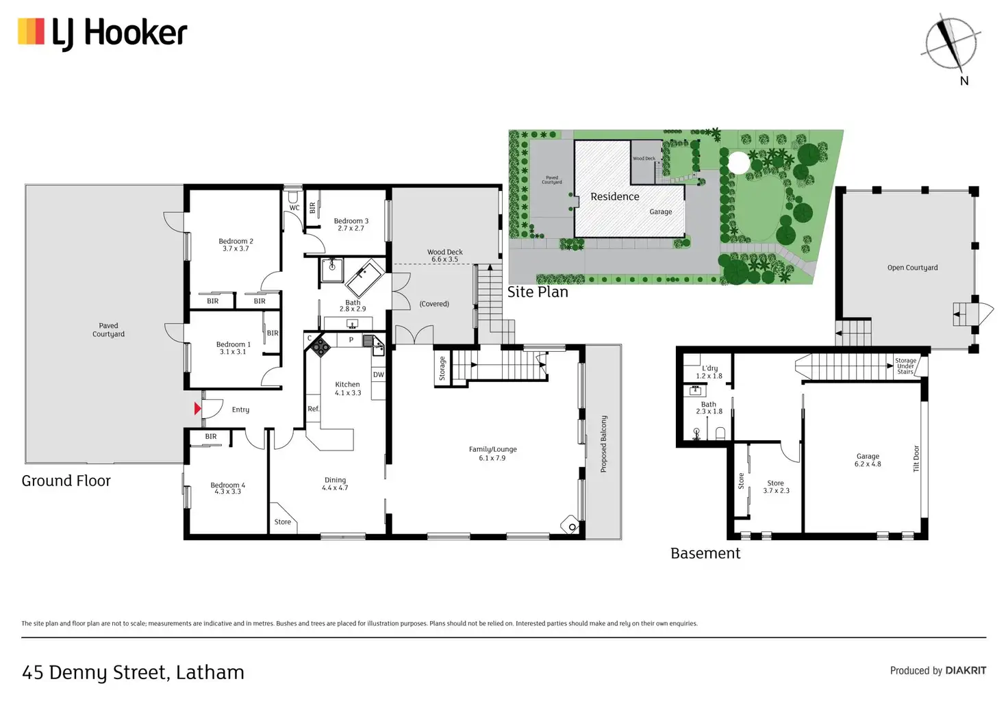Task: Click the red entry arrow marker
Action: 197,409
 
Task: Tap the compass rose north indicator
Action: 950,42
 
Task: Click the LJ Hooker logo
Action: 103,33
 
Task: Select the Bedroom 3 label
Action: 351,225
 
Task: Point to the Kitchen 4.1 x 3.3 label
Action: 347,388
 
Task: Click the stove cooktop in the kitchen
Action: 320,346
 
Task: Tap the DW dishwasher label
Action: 378,374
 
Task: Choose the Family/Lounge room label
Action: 492,453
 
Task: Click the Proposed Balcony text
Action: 603,444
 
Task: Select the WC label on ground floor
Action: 294,207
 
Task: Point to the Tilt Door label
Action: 916,459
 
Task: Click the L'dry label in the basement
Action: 709,372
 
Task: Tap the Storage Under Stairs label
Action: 905,366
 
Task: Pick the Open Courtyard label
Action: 912,268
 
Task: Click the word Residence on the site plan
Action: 614,196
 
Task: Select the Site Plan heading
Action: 538,292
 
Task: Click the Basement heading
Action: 705,553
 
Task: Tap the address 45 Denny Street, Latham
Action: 133,672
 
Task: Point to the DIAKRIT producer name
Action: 966,670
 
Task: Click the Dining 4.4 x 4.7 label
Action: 335,483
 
